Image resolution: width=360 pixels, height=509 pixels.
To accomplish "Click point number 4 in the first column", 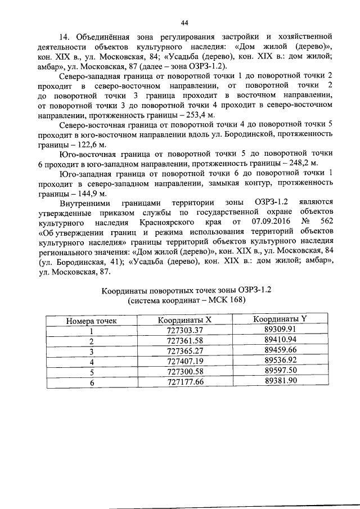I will (92, 362).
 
